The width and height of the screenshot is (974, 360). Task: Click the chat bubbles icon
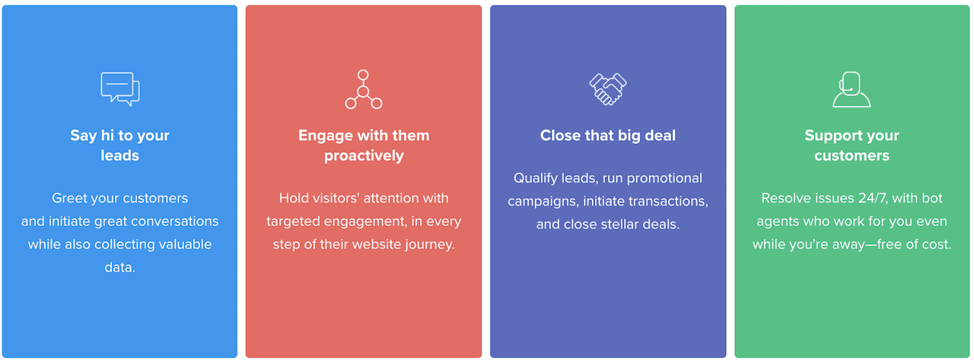(120, 89)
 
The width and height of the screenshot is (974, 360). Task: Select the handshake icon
(608, 89)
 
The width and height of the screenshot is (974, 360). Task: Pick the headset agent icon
(851, 89)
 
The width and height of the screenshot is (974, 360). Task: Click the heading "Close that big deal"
(608, 135)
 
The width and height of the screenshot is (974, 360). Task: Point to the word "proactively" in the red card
(364, 156)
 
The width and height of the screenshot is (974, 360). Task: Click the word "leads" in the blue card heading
(120, 155)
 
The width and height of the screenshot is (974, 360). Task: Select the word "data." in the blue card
(120, 267)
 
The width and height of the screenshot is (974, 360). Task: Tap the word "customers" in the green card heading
(851, 156)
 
